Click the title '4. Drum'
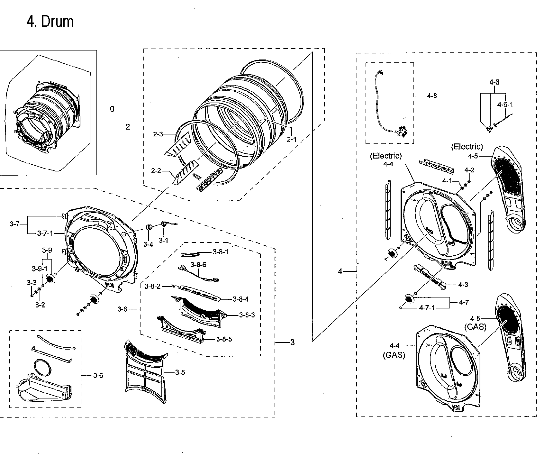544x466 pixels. click(50, 22)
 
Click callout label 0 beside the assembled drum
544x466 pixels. click(112, 109)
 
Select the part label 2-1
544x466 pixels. click(291, 139)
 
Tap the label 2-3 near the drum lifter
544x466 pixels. click(158, 134)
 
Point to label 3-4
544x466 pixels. click(148, 244)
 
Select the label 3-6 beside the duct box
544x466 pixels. click(98, 375)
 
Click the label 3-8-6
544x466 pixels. click(198, 265)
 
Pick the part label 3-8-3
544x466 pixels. click(247, 315)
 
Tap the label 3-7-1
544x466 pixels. click(45, 233)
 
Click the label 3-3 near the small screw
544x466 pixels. click(32, 283)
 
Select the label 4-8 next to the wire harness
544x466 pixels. click(432, 96)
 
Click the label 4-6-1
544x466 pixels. click(505, 105)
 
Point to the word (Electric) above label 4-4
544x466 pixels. click(385, 156)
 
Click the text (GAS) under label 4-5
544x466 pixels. click(475, 327)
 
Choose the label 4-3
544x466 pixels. click(463, 285)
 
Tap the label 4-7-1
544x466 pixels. click(427, 308)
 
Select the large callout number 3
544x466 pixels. click(292, 343)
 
